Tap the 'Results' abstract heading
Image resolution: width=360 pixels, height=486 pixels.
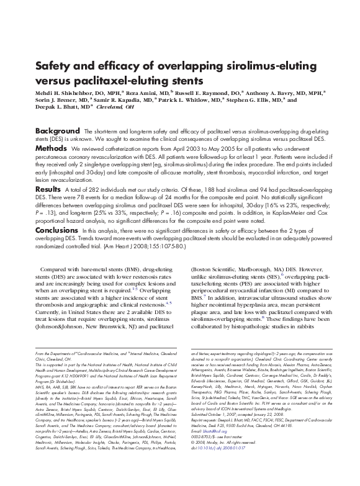[48, 187]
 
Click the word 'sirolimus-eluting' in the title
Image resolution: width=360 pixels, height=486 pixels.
[241, 65]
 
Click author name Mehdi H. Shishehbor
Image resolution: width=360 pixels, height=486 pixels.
[63, 91]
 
